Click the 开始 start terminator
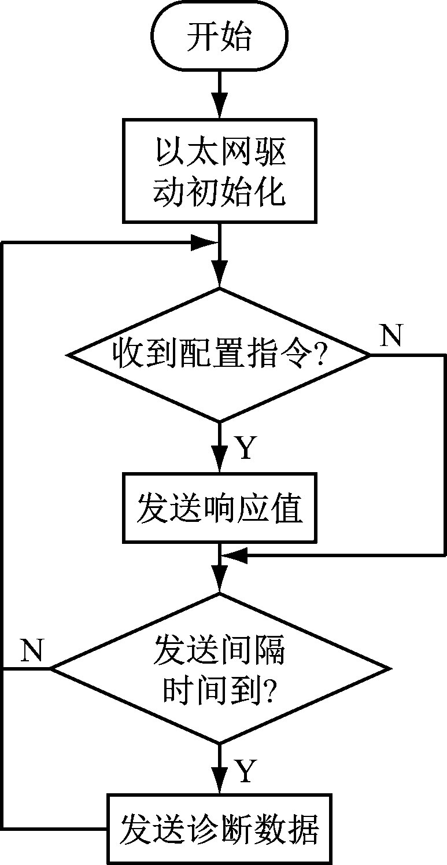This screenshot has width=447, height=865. [220, 38]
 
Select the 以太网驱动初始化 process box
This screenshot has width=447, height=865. [220, 171]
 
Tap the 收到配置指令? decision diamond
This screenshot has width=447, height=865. [220, 354]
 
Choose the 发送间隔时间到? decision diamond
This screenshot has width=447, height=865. [220, 669]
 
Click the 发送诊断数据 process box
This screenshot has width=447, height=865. [220, 829]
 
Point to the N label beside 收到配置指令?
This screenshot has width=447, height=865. [391, 336]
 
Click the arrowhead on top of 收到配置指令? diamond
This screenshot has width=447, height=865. [220, 276]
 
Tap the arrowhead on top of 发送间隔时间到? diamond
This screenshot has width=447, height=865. [220, 581]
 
